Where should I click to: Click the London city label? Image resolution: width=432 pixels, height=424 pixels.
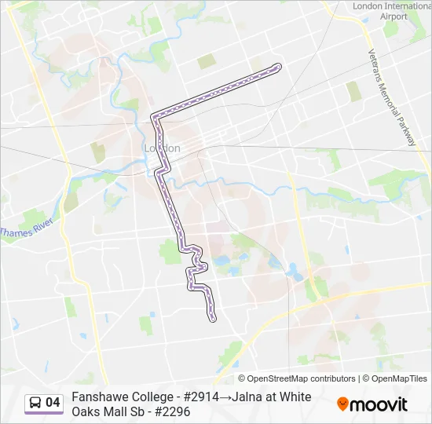coord(163,148)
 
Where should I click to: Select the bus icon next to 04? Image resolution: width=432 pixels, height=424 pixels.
coord(35,403)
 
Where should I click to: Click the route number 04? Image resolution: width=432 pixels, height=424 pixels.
coord(53,403)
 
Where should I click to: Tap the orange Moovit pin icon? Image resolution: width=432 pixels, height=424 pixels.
coord(342,404)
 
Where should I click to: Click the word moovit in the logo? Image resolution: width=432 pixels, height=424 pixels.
coord(379,404)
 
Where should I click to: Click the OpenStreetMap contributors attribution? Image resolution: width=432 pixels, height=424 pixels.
coord(298,378)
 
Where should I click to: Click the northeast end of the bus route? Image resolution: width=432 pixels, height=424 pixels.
coord(277,68)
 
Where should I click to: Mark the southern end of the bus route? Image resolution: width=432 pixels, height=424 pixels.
coord(213,318)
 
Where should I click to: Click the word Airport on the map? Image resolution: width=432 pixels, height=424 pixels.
coord(394,16)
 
